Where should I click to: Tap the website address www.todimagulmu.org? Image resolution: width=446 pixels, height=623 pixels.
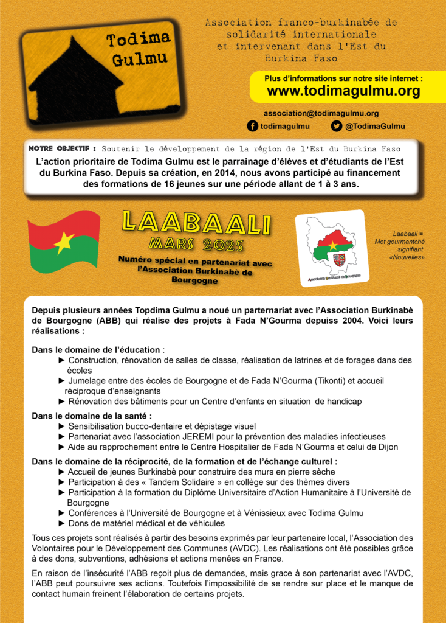point(343,91)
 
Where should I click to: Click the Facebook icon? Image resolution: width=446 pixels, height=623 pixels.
point(252,126)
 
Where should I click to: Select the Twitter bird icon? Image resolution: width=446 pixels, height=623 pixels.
point(336,126)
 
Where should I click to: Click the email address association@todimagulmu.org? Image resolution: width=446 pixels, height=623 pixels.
point(321,113)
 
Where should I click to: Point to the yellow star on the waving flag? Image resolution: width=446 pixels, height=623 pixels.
point(63,242)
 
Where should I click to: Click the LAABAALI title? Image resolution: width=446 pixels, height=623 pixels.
point(196,223)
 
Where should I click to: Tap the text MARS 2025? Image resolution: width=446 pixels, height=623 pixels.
point(196,245)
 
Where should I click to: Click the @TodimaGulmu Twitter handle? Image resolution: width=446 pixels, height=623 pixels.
point(375,126)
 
